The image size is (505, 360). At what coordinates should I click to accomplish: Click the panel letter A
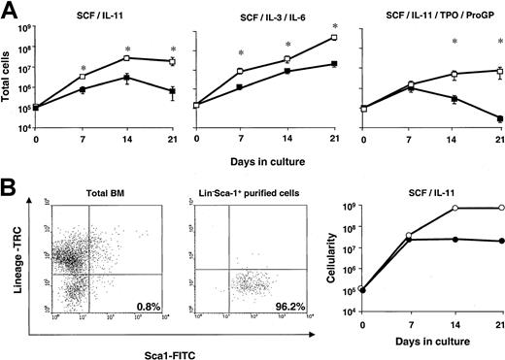point(12,12)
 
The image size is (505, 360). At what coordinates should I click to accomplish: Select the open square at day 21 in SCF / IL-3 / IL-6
point(333,37)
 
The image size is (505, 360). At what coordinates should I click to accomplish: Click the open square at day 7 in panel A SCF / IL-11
point(83,76)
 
